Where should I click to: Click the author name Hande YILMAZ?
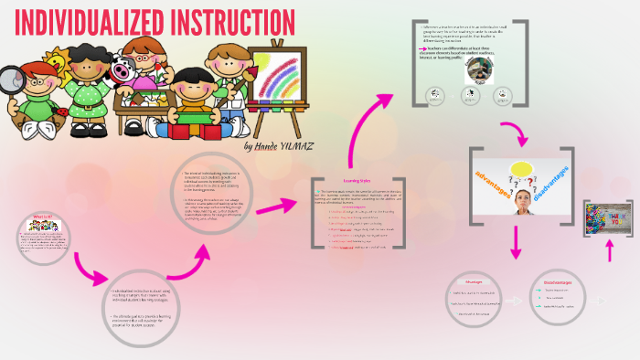(x=279, y=145)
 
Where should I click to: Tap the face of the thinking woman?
(x=524, y=200)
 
